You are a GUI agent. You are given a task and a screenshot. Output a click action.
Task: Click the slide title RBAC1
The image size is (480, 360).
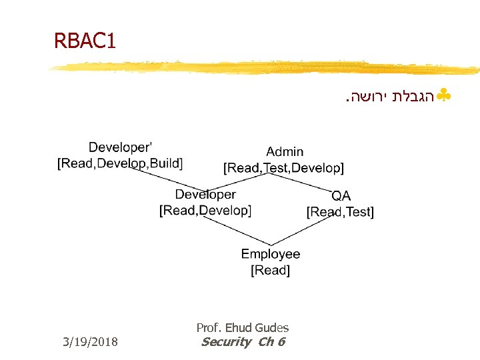click(x=85, y=42)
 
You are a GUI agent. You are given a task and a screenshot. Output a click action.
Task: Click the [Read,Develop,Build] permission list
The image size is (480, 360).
click(x=120, y=163)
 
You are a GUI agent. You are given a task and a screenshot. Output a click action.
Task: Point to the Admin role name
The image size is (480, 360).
click(x=285, y=152)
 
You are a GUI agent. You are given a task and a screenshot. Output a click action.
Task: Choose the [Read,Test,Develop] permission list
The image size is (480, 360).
click(x=283, y=168)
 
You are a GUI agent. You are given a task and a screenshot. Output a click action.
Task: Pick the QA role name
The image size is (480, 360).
click(x=341, y=196)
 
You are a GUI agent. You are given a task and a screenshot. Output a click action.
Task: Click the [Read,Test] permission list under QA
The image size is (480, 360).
click(x=340, y=212)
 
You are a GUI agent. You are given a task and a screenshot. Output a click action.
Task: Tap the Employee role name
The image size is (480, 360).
click(x=270, y=254)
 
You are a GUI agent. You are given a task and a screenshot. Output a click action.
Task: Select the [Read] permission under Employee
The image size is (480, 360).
click(x=270, y=270)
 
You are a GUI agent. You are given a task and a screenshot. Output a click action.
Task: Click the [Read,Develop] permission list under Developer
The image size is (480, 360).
click(x=205, y=211)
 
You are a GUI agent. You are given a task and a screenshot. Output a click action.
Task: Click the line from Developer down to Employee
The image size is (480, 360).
click(x=233, y=230)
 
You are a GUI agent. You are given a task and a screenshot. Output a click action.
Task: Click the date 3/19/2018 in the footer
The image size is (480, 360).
click(x=89, y=342)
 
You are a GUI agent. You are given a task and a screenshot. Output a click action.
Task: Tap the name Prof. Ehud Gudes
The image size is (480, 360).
click(x=243, y=327)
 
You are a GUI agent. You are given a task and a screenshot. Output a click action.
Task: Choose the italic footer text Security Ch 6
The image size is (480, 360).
click(x=243, y=342)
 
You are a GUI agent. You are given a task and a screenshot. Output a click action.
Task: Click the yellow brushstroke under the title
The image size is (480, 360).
click(x=267, y=68)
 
